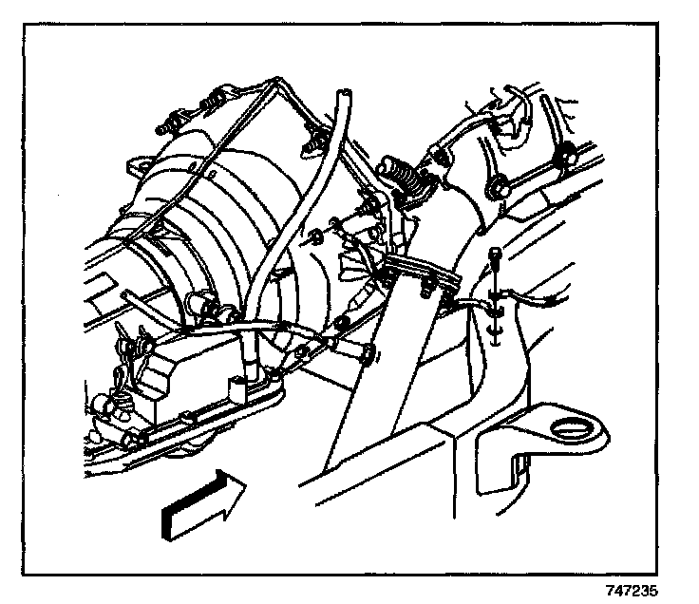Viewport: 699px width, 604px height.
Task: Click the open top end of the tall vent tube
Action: pyautogui.click(x=342, y=94)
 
